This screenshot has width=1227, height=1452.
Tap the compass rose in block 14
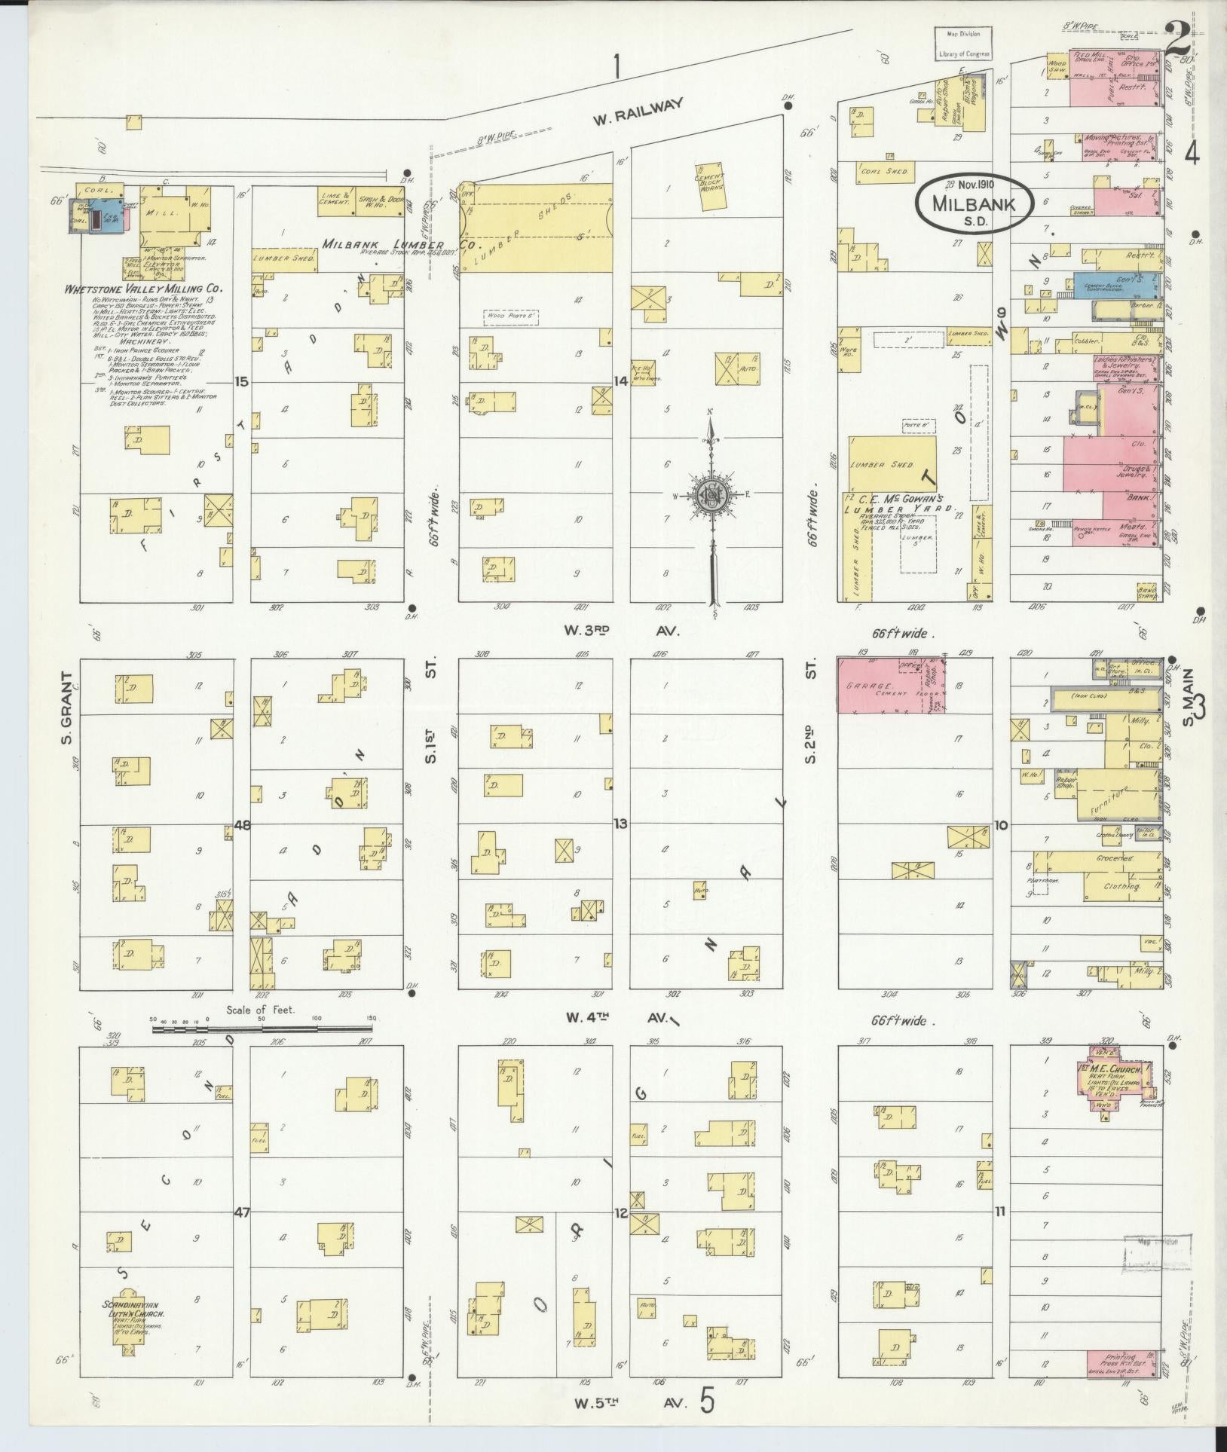(x=710, y=495)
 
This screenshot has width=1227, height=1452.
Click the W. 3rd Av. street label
(x=626, y=631)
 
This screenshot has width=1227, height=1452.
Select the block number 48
(x=241, y=824)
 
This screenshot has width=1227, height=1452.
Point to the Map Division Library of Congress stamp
(x=963, y=43)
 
